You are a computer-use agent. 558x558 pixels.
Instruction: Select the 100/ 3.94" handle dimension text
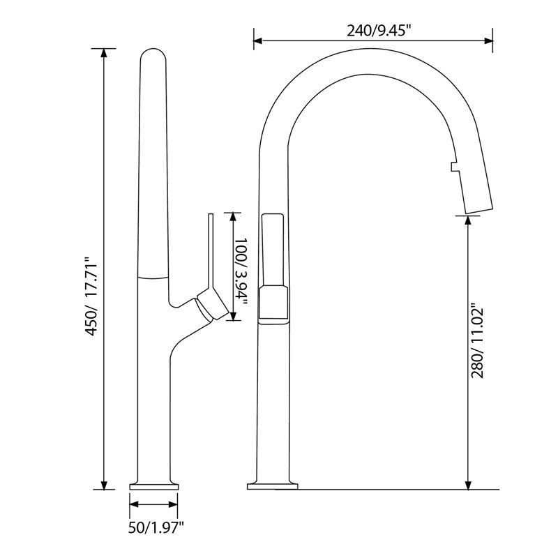click(241, 271)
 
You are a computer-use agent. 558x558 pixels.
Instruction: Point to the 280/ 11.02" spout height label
click(477, 341)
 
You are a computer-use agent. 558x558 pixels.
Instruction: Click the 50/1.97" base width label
click(156, 527)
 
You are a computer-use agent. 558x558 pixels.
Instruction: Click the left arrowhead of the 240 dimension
click(257, 40)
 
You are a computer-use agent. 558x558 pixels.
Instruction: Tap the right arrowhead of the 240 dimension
click(489, 40)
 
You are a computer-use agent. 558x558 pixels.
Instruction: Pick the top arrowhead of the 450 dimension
click(103, 53)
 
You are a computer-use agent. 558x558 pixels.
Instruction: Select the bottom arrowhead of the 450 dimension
click(103, 485)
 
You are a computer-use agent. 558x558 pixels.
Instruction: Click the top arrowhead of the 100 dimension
click(233, 217)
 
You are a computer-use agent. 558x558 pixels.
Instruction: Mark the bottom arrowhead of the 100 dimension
click(233, 316)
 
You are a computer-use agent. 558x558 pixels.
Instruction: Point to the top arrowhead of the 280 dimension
click(468, 220)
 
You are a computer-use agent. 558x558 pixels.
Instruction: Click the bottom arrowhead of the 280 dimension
click(468, 485)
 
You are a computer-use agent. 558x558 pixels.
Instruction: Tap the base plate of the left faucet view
click(153, 486)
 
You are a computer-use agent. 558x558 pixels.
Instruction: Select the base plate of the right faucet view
click(272, 486)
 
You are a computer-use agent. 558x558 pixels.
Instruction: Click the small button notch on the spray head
click(453, 167)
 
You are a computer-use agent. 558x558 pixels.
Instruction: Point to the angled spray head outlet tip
click(479, 210)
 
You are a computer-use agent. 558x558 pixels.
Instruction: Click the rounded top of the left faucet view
click(153, 54)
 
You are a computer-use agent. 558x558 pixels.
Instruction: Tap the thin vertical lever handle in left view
click(211, 249)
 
